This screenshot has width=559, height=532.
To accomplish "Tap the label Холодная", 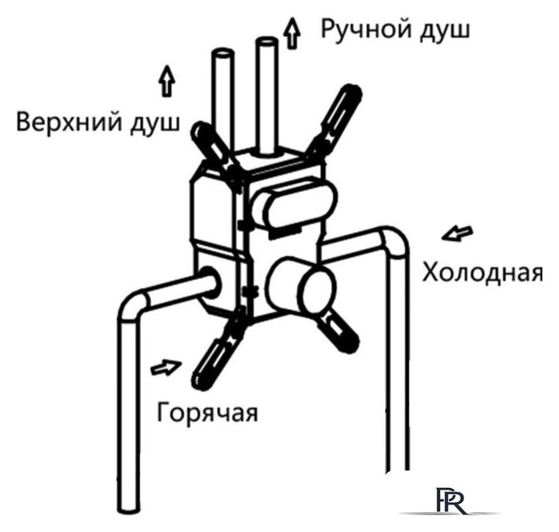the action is click(482, 273).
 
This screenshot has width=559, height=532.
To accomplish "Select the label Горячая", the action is click(207, 413).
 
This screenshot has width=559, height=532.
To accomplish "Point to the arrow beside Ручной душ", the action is click(292, 33).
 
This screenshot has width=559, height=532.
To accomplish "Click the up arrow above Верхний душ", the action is click(166, 81).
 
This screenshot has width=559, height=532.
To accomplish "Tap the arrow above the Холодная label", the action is click(458, 234).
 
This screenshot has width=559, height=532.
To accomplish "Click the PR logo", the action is click(451, 500).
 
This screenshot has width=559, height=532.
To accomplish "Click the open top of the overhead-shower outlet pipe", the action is click(223, 53).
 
